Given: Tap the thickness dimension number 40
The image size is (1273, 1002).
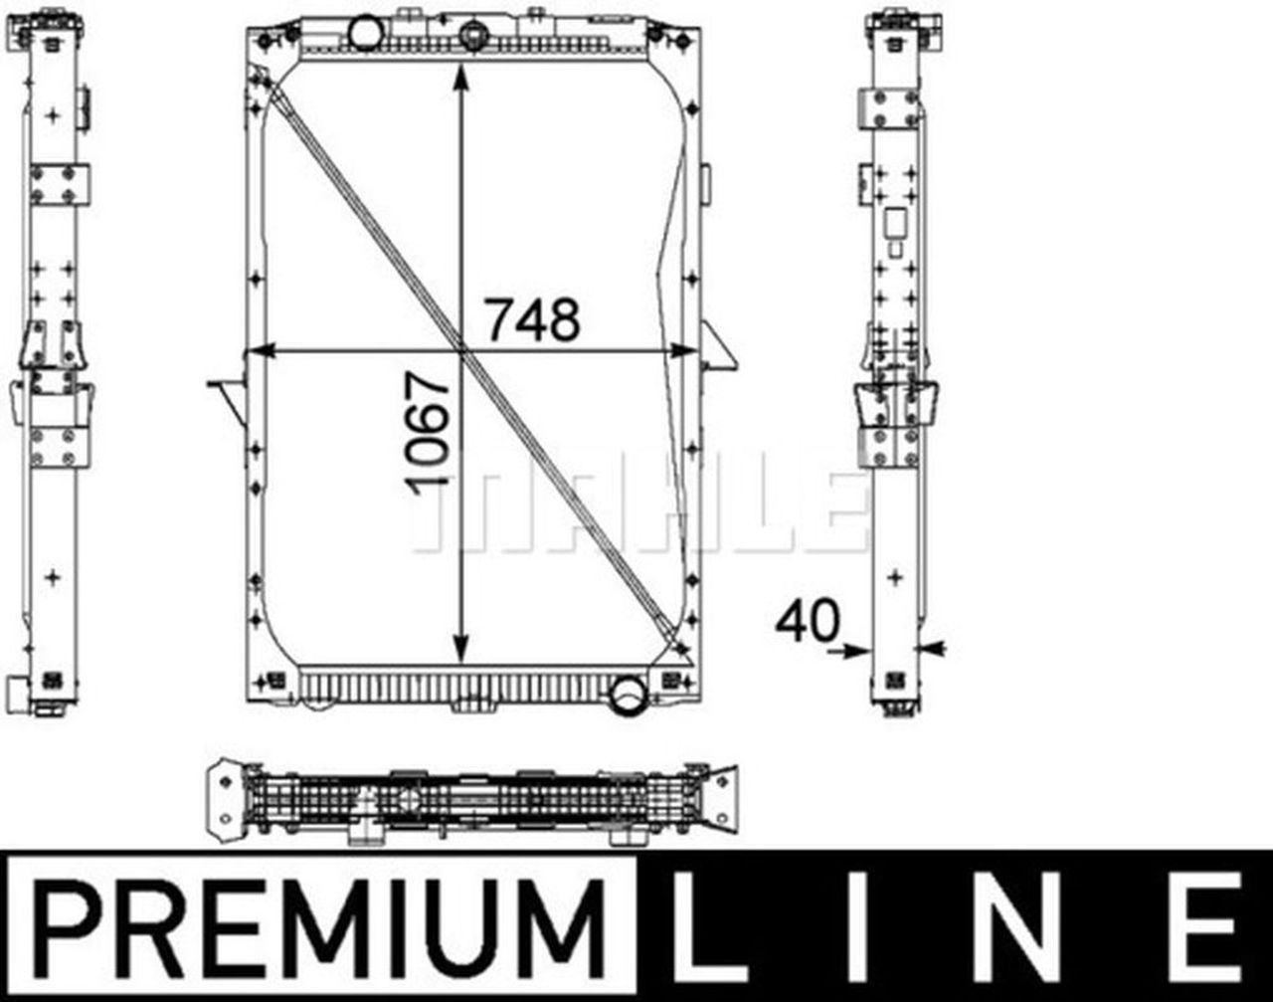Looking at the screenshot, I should coord(807,621).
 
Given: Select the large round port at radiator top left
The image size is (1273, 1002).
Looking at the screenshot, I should coord(365,33).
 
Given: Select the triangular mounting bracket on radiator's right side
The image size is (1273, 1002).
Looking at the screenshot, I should coord(718,348).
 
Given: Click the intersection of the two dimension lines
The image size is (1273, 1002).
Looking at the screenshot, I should coord(460,350).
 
